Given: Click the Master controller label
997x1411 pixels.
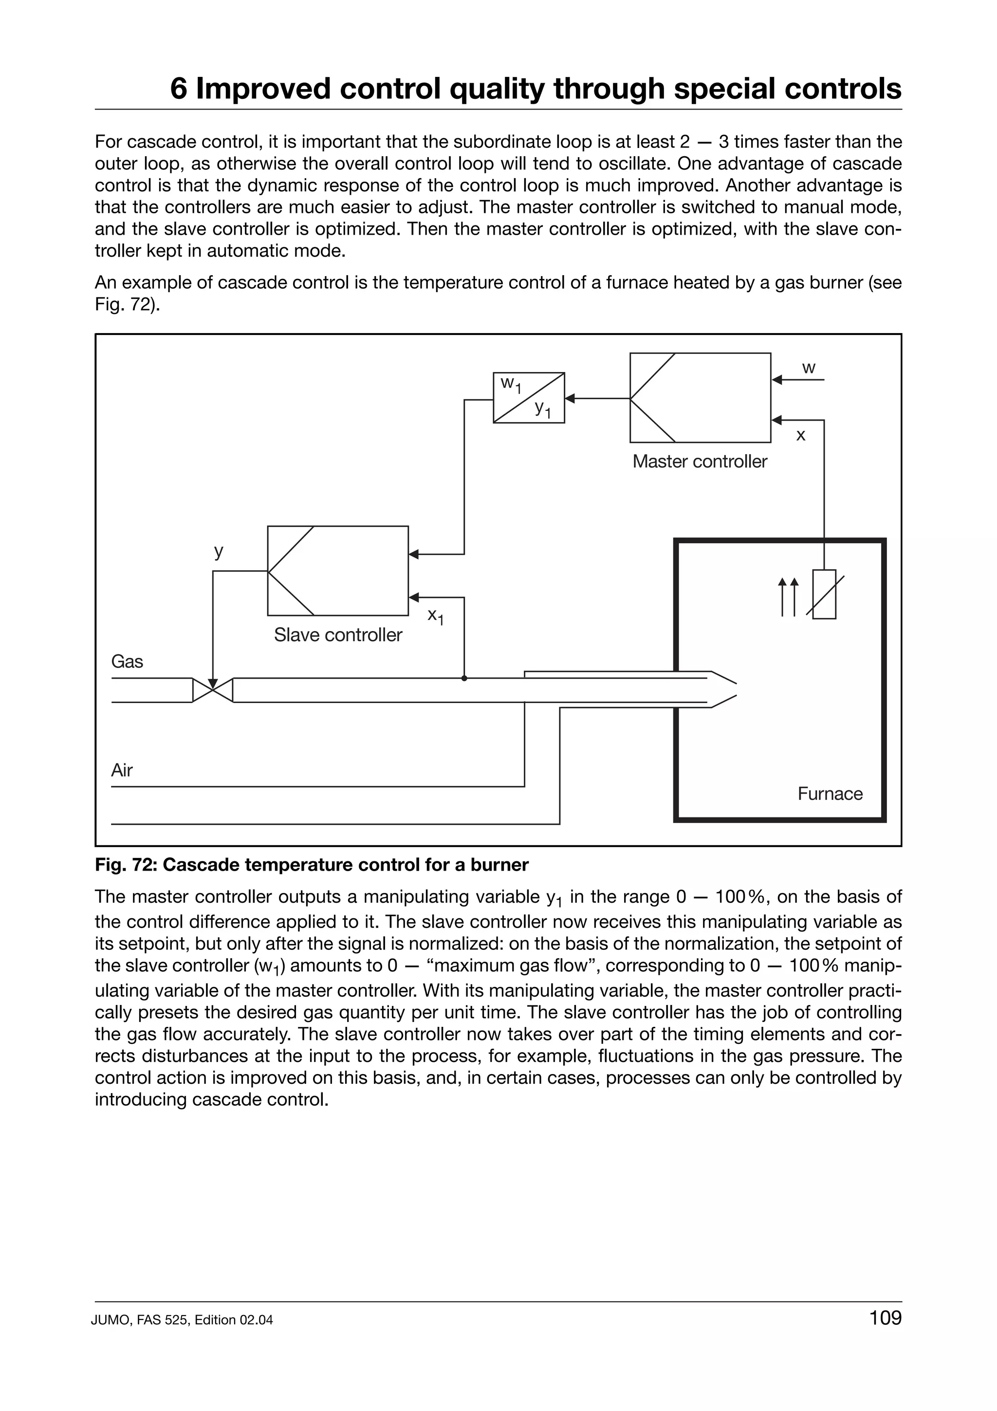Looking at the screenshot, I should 699,462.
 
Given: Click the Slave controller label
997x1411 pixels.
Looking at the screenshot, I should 338,635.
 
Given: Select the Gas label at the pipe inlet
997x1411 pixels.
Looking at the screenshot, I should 127,661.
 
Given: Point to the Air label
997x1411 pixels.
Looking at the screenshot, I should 122,770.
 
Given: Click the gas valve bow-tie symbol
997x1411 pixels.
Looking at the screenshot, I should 213,690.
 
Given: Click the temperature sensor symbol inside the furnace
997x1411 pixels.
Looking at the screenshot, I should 824,594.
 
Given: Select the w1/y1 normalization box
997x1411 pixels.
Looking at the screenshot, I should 528,398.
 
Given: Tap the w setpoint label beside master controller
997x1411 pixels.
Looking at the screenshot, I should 809,368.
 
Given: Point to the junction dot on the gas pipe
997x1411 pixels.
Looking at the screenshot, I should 464,678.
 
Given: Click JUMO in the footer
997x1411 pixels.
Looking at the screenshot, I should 109,1320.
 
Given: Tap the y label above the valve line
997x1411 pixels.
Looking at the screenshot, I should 218,551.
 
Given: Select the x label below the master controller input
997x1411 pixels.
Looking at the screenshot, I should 800,436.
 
